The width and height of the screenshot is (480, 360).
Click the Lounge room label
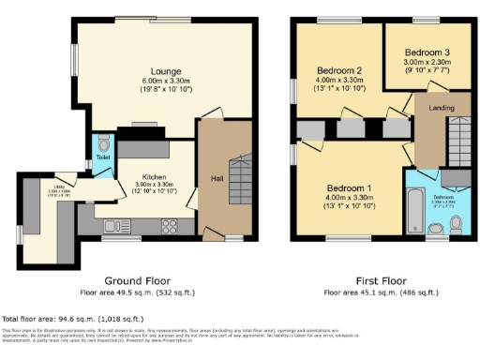(165, 71)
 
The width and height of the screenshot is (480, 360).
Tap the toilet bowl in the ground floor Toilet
(103, 145)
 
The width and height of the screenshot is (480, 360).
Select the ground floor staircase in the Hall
(240, 174)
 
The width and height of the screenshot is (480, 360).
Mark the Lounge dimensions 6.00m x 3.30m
(165, 82)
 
